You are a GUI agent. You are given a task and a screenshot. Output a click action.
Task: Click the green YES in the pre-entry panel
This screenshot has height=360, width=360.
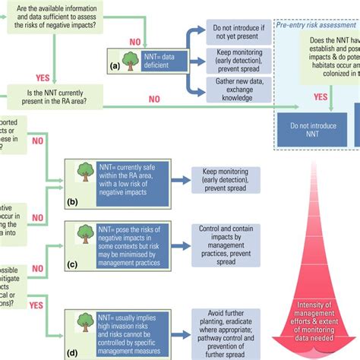322,97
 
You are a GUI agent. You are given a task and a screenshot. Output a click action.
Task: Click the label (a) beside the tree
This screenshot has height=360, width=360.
114,66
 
